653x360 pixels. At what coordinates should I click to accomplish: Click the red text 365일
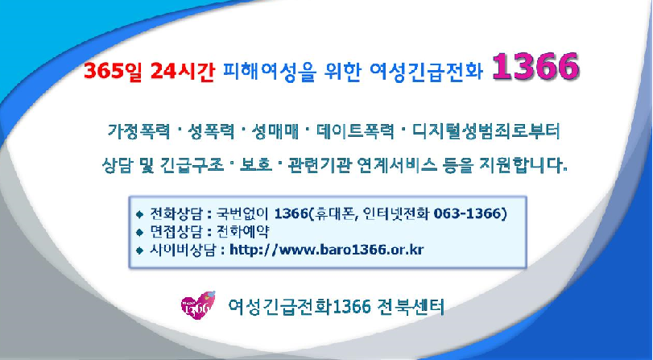click(x=109, y=72)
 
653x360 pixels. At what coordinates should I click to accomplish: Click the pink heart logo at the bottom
click(x=197, y=307)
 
